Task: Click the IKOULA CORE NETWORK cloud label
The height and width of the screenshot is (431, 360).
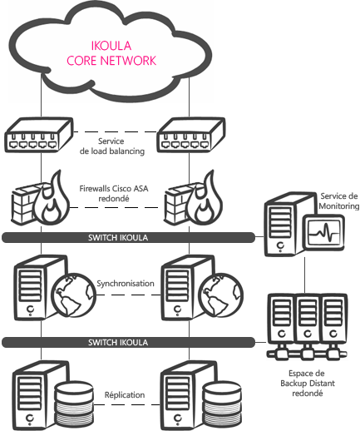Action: tap(111, 53)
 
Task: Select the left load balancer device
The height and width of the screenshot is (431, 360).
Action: tap(39, 135)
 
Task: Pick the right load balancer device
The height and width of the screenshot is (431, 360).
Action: tap(191, 135)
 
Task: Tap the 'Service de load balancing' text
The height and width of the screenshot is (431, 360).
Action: tap(112, 146)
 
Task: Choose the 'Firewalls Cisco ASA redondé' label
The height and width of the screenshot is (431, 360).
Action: tap(114, 193)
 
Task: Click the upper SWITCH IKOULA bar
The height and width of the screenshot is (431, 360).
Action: tap(128, 238)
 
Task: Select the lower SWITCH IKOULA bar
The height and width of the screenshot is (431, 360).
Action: tap(128, 343)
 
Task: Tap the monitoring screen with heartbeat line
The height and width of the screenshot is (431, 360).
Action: tap(323, 233)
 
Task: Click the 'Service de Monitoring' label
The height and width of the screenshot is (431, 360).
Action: tap(338, 201)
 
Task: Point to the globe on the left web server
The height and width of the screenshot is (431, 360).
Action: tap(74, 295)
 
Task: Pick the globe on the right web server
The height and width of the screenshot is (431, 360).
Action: tap(221, 295)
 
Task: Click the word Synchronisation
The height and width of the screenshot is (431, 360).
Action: tap(126, 284)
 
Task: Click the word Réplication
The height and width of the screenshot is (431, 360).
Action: tap(125, 394)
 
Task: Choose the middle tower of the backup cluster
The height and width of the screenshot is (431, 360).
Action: tap(307, 319)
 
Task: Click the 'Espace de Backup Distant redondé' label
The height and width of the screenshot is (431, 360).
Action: tap(308, 384)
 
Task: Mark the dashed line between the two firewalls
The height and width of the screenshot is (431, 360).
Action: tap(114, 207)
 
